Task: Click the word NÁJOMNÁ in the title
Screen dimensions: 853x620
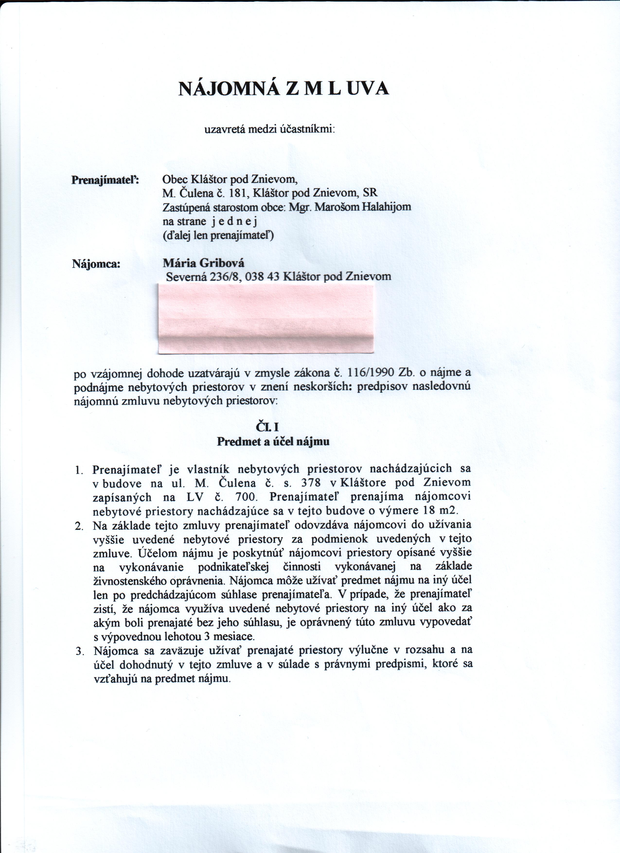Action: click(x=228, y=89)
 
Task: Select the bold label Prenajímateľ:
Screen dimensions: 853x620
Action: click(x=105, y=180)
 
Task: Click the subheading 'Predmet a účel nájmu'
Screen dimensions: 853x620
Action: click(x=273, y=441)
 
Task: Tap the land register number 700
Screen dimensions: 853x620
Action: click(x=246, y=497)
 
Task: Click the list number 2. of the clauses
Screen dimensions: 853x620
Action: click(x=79, y=526)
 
